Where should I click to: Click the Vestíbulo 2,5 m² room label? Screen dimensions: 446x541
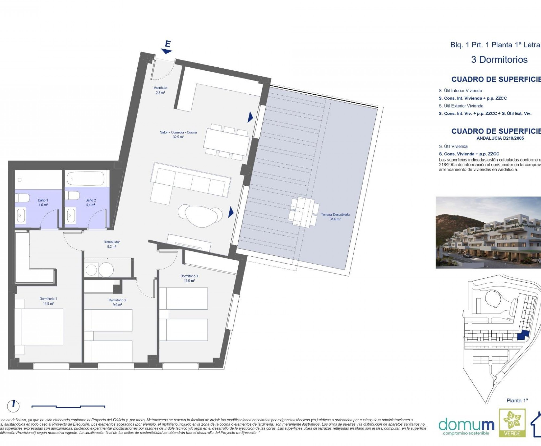point(160,90)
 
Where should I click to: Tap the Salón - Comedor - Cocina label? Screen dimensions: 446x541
point(178,134)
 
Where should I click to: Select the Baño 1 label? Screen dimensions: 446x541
point(43,202)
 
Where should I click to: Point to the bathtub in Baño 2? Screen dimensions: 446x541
point(85,179)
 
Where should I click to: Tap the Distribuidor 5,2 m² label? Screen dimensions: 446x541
point(112,244)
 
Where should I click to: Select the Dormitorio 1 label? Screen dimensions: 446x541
point(48,301)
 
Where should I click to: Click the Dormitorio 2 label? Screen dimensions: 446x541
point(117,302)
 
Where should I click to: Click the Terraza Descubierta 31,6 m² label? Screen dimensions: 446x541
point(335,217)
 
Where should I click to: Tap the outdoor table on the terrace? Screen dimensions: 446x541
point(304,212)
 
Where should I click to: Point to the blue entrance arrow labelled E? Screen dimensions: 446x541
point(167,47)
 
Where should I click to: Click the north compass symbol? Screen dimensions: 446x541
point(13,406)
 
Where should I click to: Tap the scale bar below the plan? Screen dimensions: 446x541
point(68,406)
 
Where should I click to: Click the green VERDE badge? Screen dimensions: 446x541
point(512,423)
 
